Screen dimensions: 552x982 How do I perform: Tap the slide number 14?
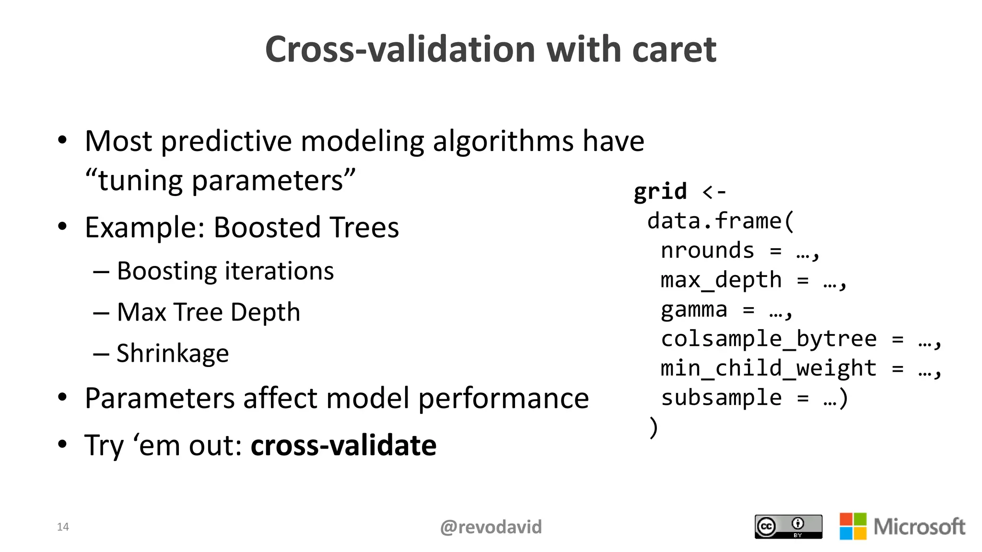(x=63, y=527)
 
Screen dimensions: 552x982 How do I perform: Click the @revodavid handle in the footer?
(x=491, y=527)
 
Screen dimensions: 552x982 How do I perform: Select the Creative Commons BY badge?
(x=788, y=527)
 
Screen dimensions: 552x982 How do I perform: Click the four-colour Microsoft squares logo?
(x=853, y=526)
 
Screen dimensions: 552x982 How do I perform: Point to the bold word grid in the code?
(x=660, y=192)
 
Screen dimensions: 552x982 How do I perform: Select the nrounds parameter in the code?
(x=707, y=251)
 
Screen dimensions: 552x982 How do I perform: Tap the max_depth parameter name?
(x=721, y=280)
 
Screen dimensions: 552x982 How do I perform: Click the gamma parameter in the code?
(x=694, y=310)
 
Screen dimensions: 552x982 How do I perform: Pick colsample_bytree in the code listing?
(x=769, y=339)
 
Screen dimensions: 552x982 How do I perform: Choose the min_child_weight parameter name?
(x=769, y=368)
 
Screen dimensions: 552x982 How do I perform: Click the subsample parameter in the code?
(x=721, y=398)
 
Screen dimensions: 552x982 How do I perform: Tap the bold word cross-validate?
(x=343, y=445)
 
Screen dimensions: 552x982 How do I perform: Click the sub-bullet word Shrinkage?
(x=173, y=354)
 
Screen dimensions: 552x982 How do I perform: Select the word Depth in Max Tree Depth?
(x=265, y=312)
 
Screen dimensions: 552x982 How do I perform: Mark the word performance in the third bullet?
(x=503, y=399)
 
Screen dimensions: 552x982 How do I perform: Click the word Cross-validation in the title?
(x=400, y=49)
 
